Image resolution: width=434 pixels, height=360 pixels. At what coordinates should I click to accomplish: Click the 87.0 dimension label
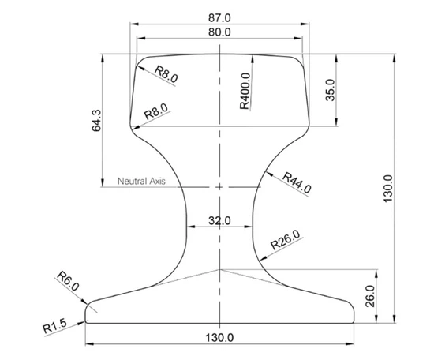[219, 17]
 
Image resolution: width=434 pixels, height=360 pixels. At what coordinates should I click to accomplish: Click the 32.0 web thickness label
[219, 221]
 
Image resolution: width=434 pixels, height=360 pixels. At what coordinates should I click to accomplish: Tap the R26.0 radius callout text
[285, 240]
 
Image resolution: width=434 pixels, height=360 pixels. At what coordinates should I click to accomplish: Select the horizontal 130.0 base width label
[219, 338]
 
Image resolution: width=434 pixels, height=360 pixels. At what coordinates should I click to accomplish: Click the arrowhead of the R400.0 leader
[254, 57]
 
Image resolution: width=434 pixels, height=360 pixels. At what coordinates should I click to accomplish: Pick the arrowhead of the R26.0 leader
[259, 257]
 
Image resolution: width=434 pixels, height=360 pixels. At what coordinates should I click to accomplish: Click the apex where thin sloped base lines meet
[219, 269]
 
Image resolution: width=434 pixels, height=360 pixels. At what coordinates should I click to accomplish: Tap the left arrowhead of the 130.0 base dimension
[88, 344]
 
